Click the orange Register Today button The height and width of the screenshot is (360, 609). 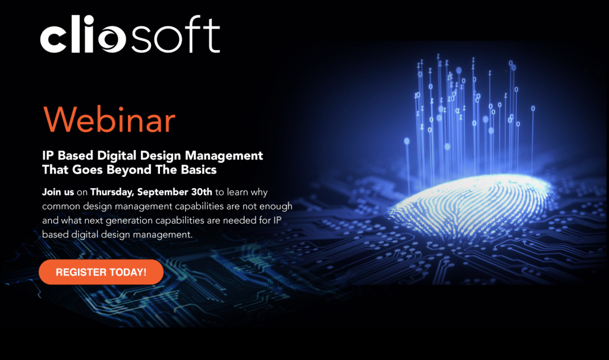click(101, 272)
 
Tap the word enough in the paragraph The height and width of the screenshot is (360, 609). click(275, 206)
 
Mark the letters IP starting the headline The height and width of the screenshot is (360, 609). click(48, 156)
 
